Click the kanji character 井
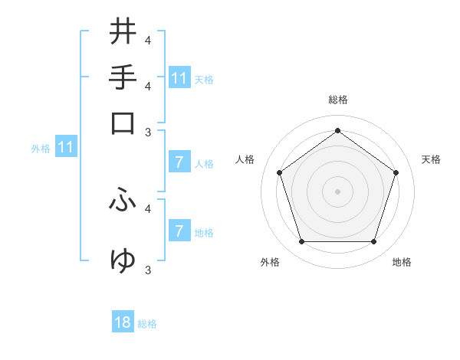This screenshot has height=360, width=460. click(123, 31)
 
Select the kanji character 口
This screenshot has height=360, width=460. click(123, 123)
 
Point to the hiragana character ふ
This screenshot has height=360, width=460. click(123, 200)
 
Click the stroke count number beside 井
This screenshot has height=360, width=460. click(147, 40)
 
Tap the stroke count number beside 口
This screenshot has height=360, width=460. click(147, 132)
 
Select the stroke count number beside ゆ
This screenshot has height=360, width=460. click(147, 270)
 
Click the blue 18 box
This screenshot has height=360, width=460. click(123, 322)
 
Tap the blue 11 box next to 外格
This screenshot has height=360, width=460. click(66, 147)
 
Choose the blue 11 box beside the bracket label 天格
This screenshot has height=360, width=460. click(179, 78)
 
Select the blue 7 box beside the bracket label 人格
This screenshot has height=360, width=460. click(179, 162)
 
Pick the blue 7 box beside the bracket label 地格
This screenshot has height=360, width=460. click(179, 231)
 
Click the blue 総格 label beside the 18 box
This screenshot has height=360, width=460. click(147, 324)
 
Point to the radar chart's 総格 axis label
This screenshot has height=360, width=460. click(338, 100)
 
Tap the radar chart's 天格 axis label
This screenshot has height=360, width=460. click(432, 159)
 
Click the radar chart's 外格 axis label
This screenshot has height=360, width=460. click(270, 263)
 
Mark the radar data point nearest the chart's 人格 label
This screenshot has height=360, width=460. click(280, 172)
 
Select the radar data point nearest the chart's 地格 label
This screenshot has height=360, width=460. click(373, 242)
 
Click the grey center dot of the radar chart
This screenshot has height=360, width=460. click(337, 191)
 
